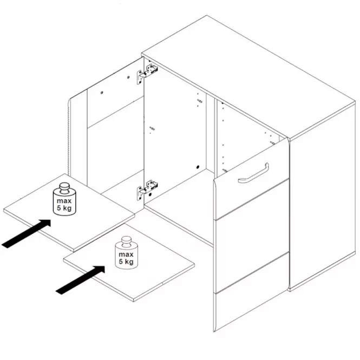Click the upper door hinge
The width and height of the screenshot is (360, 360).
tap(147, 73)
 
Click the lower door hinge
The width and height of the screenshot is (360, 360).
tap(147, 189)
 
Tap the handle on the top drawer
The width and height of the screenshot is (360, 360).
tap(254, 174)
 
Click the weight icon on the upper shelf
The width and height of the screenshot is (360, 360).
tap(64, 199)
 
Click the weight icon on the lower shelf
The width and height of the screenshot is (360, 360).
tap(126, 253)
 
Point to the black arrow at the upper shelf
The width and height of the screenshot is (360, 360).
tap(26, 233)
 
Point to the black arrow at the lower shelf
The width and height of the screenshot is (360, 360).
tap(80, 280)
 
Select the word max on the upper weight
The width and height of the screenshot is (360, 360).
tap(64, 201)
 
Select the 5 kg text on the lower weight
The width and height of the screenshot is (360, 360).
tap(126, 261)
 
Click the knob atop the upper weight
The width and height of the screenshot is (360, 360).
tap(64, 187)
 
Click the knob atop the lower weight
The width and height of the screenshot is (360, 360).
tap(126, 241)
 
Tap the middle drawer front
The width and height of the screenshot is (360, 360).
tap(252, 236)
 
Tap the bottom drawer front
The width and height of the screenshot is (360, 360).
tap(252, 292)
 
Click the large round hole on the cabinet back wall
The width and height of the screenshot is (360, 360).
tap(198, 167)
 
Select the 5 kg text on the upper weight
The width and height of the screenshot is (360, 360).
tap(64, 208)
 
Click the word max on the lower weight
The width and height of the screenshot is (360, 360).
tap(126, 254)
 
